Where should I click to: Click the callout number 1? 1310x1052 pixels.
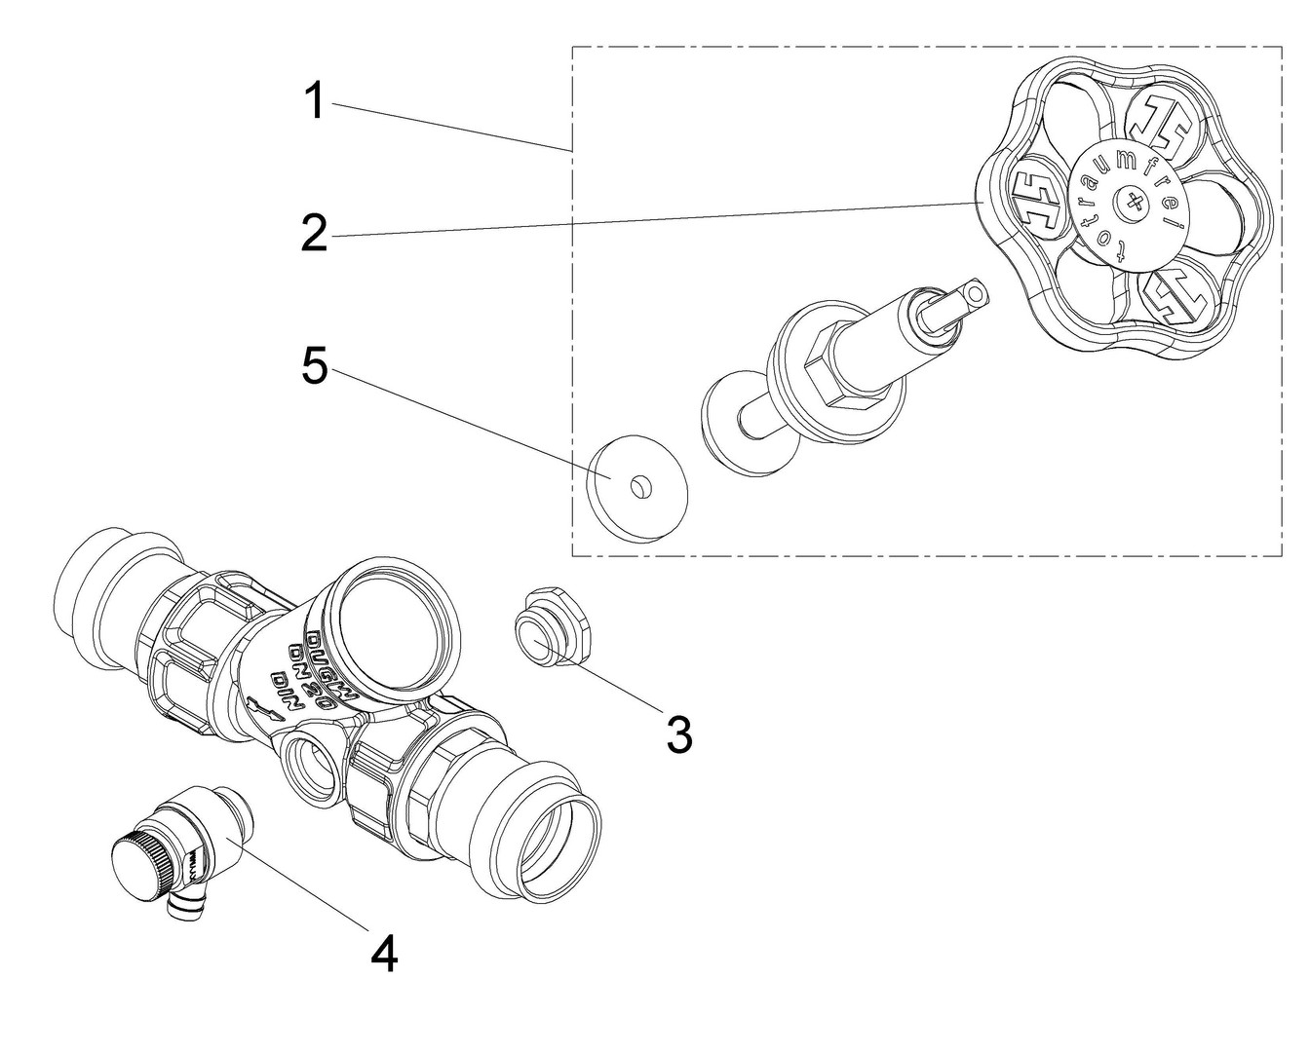[313, 102]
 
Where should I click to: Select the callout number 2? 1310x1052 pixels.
[313, 233]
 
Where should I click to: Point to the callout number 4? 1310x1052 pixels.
[384, 954]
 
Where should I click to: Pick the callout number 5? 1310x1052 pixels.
[313, 367]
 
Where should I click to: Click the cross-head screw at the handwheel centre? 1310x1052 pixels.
[1132, 203]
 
